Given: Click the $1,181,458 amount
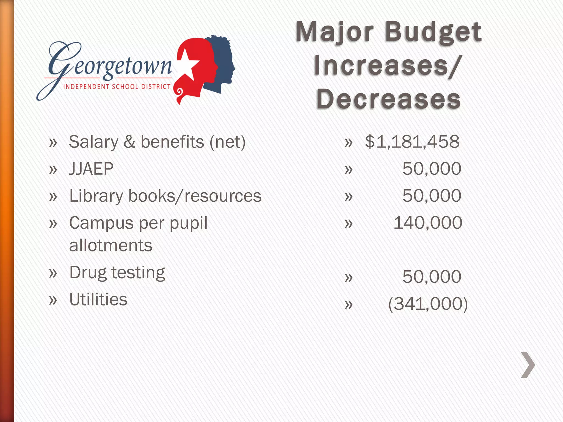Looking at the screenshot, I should coord(412,142).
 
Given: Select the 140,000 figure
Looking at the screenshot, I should coord(428,223).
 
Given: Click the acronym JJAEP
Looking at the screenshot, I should coord(91,169).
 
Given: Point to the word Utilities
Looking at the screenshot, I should coord(98,299).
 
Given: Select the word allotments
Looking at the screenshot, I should coord(111,245).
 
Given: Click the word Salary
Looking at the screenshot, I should coord(93,142).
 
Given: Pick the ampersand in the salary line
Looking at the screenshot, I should coord(129,142).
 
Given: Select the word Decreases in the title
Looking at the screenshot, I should coord(388,99).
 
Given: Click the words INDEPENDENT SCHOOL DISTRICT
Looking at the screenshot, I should coord(117,87).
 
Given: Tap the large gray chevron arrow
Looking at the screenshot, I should coord(528,365).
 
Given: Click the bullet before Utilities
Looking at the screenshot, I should coord(53,300).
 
